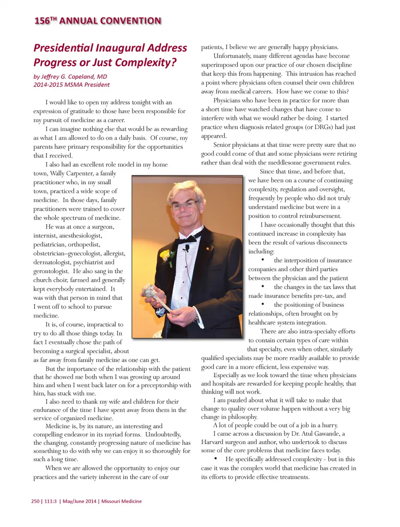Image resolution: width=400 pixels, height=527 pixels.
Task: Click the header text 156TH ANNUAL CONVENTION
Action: [x=97, y=21]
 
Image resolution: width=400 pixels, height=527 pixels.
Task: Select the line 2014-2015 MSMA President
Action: [x=72, y=85]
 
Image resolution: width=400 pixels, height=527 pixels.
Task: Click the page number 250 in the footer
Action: [x=35, y=501]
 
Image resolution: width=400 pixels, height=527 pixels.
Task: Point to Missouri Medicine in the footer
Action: [x=121, y=501]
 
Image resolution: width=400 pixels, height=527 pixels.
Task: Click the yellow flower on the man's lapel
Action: [x=166, y=255]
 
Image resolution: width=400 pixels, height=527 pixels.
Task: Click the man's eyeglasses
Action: [x=184, y=205]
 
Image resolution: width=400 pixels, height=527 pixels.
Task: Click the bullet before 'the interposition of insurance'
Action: [x=263, y=260]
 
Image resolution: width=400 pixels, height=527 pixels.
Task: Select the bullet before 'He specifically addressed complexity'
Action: [x=215, y=459]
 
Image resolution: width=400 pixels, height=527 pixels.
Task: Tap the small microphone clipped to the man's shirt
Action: [x=188, y=249]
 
